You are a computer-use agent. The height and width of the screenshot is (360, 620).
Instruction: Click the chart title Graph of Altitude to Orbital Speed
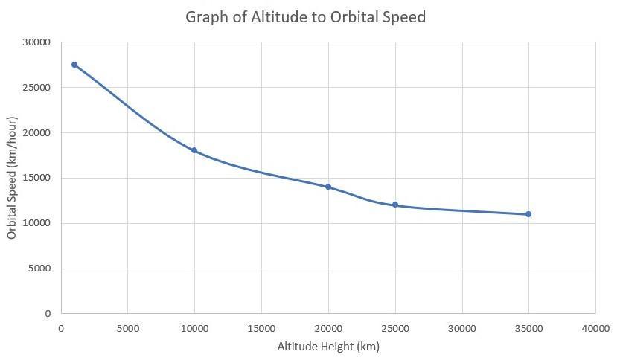coord(305,16)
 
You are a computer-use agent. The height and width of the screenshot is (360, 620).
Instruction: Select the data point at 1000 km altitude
coord(74,65)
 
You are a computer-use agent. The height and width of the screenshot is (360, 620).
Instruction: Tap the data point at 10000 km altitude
coord(194,150)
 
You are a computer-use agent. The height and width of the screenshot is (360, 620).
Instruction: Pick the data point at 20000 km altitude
coord(328,187)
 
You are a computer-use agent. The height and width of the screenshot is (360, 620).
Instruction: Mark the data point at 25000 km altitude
coord(395,205)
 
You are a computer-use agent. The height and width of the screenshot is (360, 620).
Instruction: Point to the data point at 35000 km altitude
coord(528,214)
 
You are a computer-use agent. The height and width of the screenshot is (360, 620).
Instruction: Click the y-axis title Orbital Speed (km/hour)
coord(12,178)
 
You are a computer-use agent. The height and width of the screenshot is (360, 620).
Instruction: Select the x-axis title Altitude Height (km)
coord(328,347)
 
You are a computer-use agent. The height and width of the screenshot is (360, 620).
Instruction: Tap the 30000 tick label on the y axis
coord(36,42)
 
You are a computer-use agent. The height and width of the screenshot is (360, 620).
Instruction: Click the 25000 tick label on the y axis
coord(36,88)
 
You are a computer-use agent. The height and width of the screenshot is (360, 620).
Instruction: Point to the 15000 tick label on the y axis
coord(36,178)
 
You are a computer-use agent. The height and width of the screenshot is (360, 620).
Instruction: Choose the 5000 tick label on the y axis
coord(38,269)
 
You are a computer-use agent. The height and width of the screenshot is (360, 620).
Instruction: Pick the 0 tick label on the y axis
coord(47,313)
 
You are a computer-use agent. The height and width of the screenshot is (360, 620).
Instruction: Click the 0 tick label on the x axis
coord(60,327)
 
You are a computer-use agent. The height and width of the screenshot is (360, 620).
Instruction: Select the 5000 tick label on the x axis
coord(127,327)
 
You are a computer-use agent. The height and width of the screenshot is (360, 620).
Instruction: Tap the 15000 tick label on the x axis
coord(261,327)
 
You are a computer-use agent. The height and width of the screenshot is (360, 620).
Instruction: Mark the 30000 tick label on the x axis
coord(462,327)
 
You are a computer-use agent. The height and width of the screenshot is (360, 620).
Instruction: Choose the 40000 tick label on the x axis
coord(595,327)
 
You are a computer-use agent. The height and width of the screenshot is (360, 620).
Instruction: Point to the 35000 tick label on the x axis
coord(528,327)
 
